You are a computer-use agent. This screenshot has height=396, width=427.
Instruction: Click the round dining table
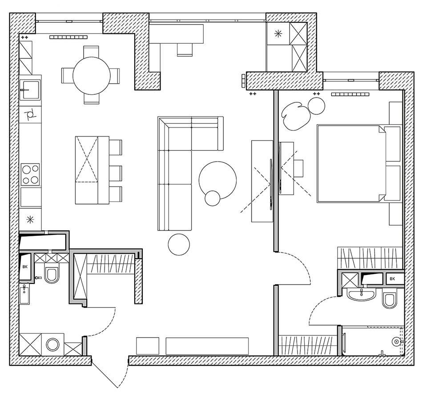92,76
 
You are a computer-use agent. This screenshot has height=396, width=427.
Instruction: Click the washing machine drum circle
52,344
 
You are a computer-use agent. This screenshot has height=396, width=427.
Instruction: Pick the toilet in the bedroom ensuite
390,300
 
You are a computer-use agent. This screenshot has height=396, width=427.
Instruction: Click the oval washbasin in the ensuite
361,295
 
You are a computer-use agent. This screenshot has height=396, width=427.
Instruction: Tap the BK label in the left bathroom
25,267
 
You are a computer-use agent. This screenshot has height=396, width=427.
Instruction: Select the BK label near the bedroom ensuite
392,279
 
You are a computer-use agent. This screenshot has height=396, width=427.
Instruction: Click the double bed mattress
351,164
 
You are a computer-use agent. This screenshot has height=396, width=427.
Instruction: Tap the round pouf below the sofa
179,245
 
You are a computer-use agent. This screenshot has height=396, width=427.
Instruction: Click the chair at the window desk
185,49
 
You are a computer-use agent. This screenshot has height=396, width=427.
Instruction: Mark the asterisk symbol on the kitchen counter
30,219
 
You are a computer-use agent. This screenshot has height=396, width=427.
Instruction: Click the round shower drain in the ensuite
395,340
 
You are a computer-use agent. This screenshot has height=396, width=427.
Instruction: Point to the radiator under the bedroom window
350,94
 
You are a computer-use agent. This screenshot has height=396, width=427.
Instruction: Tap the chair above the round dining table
91,52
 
